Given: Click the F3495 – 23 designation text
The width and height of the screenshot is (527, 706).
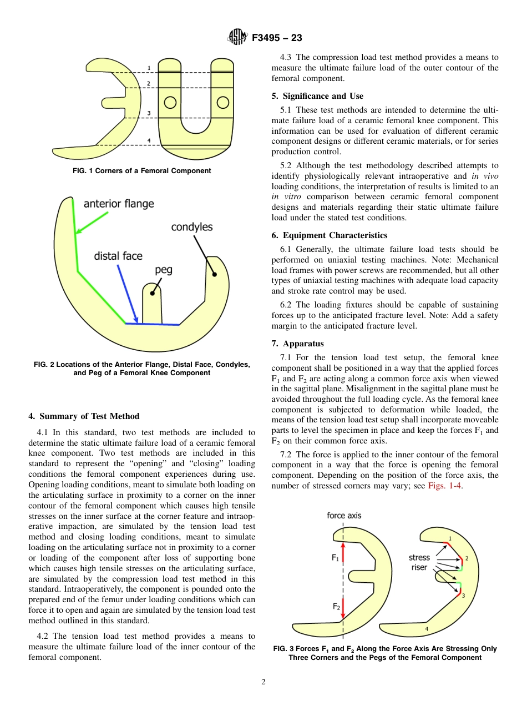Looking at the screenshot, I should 277,38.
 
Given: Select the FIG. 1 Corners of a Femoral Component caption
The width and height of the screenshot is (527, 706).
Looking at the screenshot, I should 142,171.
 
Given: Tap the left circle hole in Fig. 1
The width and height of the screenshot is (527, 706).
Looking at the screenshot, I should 170,103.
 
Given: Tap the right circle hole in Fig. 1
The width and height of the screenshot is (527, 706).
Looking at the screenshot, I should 222,103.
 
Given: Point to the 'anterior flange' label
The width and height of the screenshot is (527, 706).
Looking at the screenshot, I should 119,204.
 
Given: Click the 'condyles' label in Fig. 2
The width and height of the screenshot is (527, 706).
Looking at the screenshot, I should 191,227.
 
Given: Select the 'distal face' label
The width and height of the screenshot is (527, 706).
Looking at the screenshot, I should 118,256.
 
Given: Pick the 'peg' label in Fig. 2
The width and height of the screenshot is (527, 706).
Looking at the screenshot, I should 164,270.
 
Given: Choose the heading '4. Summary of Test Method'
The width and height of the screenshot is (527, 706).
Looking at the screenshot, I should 84,416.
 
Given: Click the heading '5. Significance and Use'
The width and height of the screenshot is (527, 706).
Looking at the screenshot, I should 317,96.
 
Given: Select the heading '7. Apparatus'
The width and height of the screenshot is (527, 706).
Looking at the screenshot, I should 298,344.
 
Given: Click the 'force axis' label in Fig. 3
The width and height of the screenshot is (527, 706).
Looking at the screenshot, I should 344,516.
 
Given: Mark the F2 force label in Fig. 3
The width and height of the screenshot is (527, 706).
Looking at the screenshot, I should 336,607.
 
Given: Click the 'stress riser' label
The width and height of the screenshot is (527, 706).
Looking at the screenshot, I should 419,562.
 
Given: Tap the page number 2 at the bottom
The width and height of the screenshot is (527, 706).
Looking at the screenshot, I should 263,682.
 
